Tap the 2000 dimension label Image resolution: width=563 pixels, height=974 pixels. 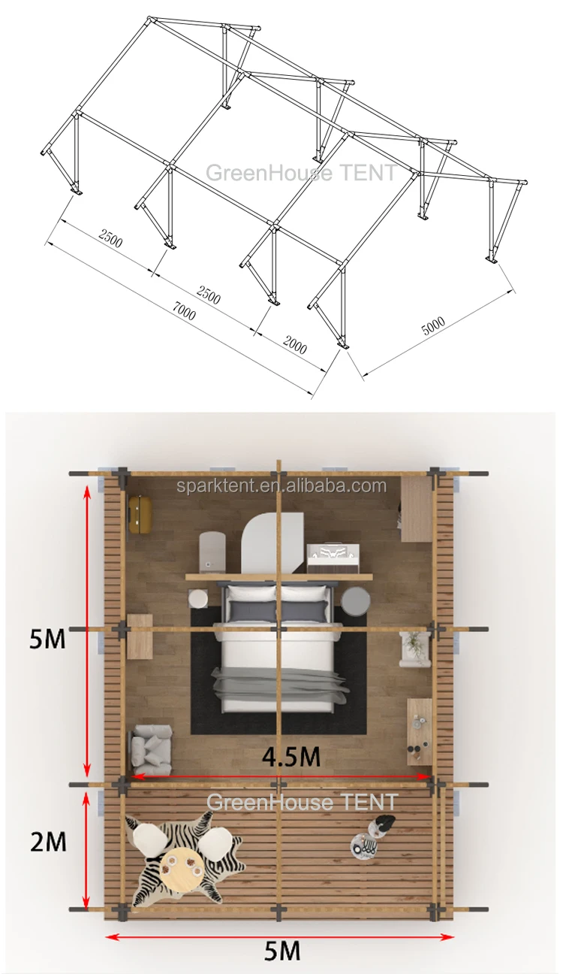295,344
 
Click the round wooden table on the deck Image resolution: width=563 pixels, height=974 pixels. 181,869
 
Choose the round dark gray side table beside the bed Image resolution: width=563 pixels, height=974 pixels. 356,601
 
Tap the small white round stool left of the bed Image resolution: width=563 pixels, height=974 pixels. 199,599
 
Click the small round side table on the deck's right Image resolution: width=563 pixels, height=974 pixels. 366,845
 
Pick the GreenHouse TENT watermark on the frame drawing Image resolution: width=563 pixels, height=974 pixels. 300,173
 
